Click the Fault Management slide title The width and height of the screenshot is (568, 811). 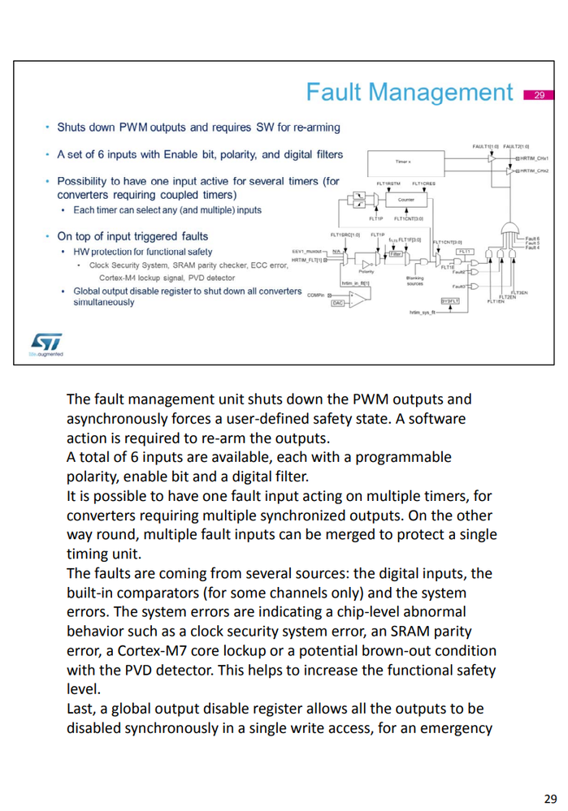pos(409,93)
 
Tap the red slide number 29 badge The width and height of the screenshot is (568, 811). pos(537,95)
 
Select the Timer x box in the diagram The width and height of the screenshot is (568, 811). pos(404,162)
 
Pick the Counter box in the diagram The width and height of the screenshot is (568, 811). pos(406,199)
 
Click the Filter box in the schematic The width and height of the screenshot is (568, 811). pos(396,253)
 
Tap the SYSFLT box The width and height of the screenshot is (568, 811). pos(451,300)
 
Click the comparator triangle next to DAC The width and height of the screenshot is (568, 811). pos(358,298)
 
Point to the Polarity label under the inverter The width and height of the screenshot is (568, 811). pos(366,272)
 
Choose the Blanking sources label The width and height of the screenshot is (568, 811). pos(414,281)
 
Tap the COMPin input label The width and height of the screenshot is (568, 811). pos(316,295)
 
